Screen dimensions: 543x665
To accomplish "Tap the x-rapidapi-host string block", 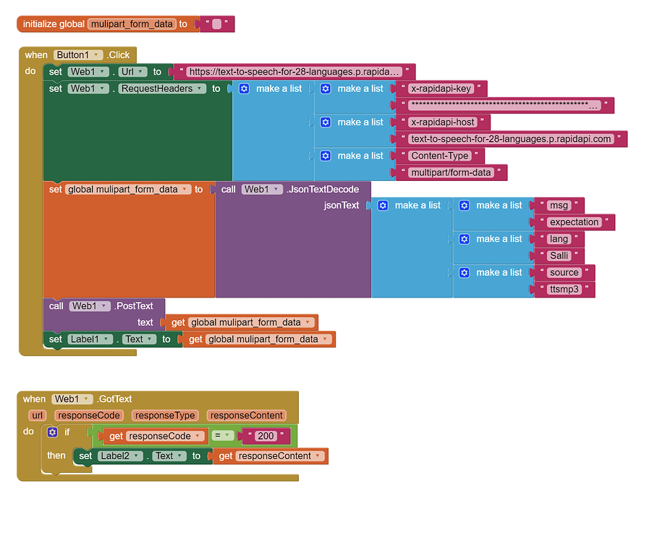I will point(442,122).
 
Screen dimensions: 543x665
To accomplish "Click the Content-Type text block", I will point(439,156).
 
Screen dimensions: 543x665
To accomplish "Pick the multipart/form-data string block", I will point(451,172).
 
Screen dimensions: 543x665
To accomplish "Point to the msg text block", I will point(559,206).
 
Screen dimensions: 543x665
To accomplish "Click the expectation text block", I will point(574,222).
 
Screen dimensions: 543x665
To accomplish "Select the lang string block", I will point(559,239).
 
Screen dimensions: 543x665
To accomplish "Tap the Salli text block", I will point(559,256).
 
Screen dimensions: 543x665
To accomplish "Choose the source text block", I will point(564,273).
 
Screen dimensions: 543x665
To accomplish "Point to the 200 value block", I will point(266,436).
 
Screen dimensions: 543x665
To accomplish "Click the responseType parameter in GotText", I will point(166,416).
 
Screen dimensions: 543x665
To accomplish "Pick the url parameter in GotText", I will point(38,416).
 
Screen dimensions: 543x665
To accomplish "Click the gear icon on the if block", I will point(52,432).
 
